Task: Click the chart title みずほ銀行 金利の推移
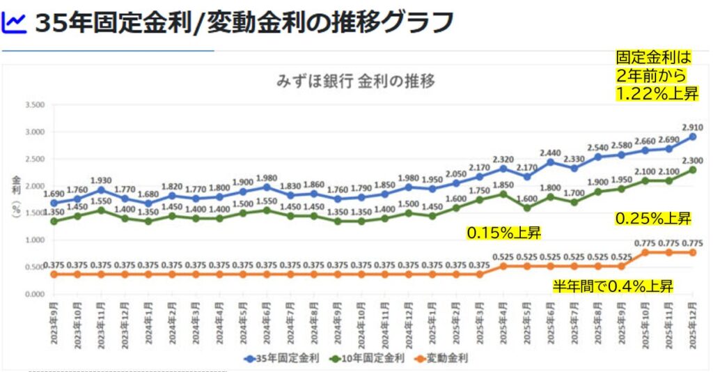click(355, 81)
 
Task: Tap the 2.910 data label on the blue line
click(692, 127)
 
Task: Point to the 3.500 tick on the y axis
click(34, 105)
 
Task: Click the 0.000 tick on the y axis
click(34, 295)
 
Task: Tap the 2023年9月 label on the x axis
click(54, 321)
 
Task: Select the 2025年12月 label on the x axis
click(694, 321)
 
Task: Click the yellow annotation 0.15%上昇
click(503, 233)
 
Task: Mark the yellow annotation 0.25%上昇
click(652, 219)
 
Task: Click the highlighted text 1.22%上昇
click(657, 93)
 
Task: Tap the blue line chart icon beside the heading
click(14, 23)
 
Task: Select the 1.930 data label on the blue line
click(102, 180)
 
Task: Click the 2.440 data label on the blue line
click(550, 153)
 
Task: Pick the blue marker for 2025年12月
click(693, 137)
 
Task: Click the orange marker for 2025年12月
click(693, 252)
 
